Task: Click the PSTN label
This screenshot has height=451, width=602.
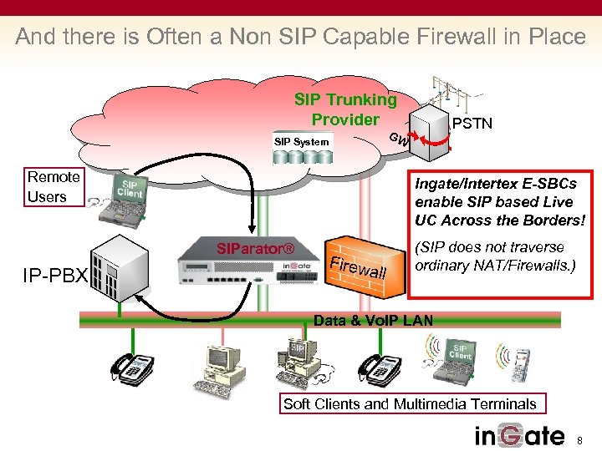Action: (472, 124)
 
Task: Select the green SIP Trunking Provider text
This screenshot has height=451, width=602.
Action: (345, 109)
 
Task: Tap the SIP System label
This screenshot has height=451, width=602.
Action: (301, 142)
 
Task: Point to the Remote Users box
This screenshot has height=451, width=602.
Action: (54, 187)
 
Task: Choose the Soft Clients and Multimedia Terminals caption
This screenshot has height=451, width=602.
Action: (410, 404)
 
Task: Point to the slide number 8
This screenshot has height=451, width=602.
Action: (583, 438)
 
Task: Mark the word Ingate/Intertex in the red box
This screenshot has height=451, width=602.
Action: (460, 184)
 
